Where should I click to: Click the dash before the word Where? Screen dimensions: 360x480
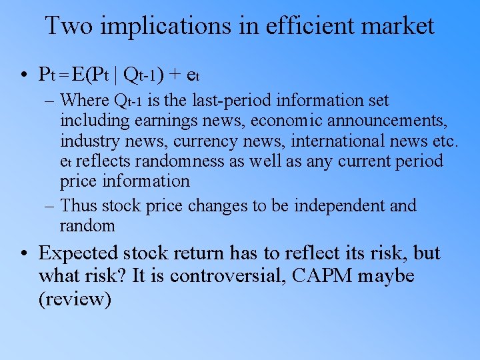coord(51,101)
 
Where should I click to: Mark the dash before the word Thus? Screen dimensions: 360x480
coord(51,206)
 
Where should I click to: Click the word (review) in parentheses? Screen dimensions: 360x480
coord(75,299)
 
